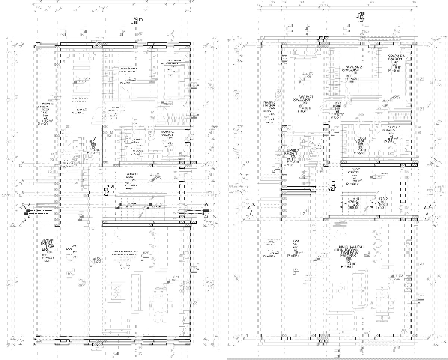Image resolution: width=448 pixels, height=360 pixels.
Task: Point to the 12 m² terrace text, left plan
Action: (x=44, y=120)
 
